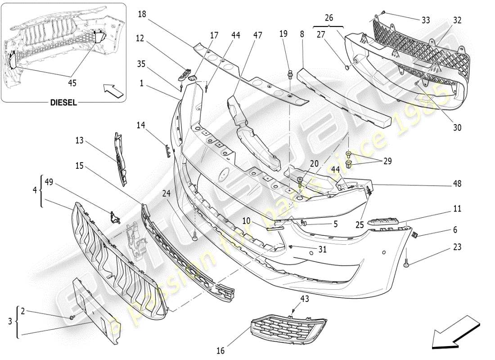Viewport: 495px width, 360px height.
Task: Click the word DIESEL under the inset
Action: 63,103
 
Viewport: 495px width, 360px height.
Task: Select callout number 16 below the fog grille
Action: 220,351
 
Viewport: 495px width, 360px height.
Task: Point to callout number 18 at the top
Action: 142,14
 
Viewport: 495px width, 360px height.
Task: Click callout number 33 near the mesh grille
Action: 426,20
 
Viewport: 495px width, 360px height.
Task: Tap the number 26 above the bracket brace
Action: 329,18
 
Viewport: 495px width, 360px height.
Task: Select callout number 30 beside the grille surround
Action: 457,128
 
